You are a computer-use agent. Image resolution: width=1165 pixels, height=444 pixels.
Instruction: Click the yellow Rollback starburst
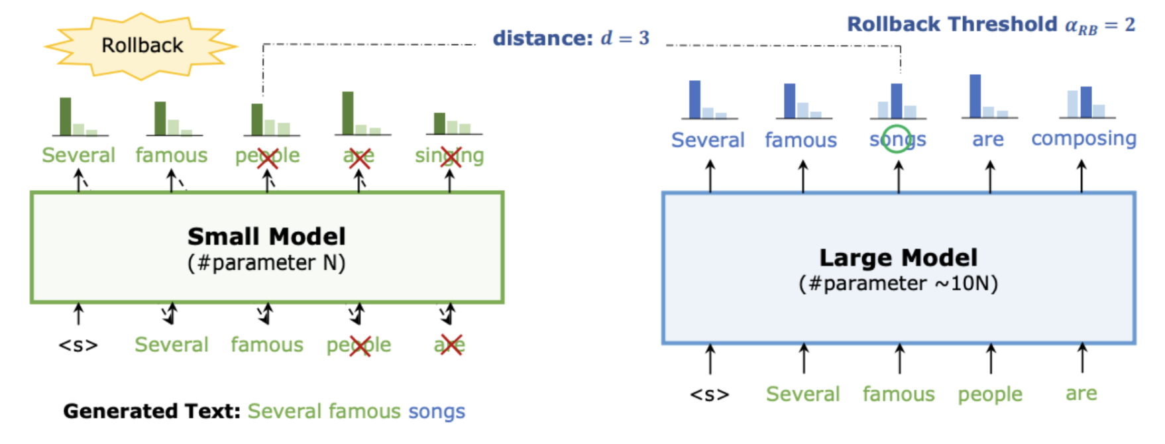[x=141, y=46]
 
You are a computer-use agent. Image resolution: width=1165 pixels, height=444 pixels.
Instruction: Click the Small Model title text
[x=266, y=237]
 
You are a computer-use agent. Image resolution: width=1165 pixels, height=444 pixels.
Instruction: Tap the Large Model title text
[x=898, y=258]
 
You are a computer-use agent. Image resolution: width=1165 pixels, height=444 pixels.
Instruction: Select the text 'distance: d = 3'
[x=571, y=38]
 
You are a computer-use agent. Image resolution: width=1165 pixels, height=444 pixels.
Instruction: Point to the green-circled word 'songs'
[x=897, y=139]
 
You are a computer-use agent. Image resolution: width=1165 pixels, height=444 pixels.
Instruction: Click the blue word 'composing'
[x=1083, y=139]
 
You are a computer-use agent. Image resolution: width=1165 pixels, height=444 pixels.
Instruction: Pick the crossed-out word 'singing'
[x=449, y=156]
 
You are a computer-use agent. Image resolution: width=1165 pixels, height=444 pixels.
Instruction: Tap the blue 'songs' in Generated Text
[x=436, y=412]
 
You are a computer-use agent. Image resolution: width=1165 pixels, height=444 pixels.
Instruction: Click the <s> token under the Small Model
[x=78, y=345]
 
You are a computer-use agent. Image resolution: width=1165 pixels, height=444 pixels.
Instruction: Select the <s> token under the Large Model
[x=709, y=395]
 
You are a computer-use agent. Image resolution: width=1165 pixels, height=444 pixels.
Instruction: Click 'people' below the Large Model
[x=990, y=395]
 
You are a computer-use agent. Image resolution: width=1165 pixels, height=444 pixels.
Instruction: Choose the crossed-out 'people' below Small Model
[x=359, y=345]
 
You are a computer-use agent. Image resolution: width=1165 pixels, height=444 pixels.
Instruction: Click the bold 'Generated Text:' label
[x=152, y=412]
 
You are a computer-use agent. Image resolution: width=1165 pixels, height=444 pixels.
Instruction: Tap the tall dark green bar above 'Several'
[x=65, y=117]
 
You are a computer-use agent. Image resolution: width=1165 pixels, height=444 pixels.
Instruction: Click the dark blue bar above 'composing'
[x=1085, y=102]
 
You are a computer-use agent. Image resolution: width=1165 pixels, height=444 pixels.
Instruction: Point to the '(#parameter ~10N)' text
[x=898, y=284]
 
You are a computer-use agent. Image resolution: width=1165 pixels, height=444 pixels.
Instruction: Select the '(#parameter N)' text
[x=266, y=263]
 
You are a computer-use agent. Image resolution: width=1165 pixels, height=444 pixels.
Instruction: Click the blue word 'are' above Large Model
[x=987, y=139]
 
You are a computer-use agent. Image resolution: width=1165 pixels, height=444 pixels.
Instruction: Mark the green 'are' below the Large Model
[x=1081, y=394]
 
